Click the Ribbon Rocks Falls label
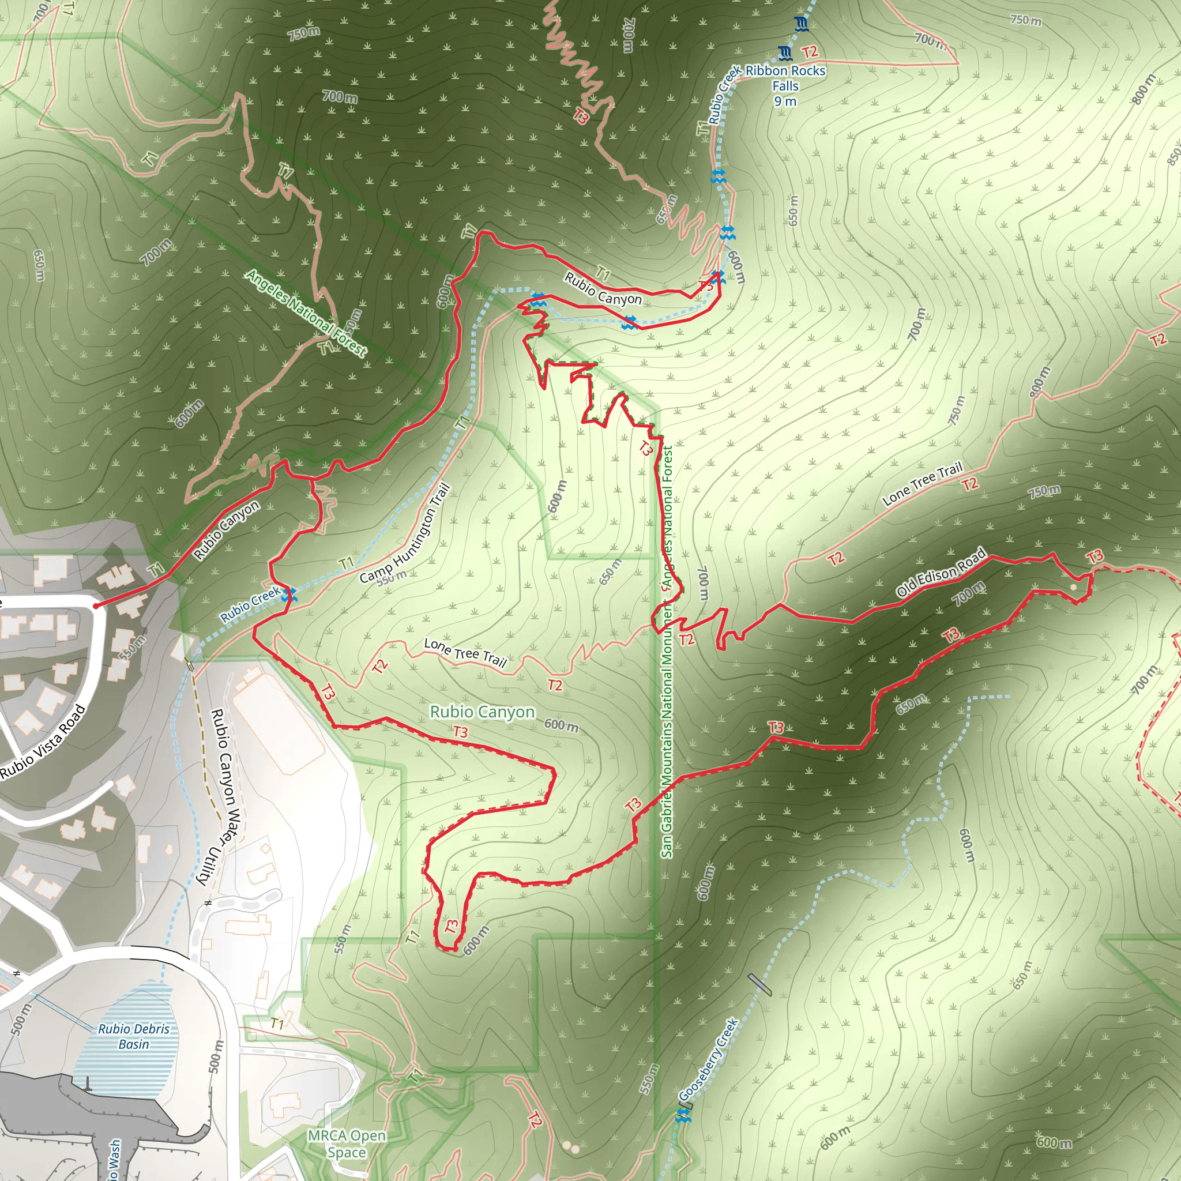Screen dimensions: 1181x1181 click(785, 78)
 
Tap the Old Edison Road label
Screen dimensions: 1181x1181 click(941, 572)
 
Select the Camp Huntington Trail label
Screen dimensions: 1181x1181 click(405, 533)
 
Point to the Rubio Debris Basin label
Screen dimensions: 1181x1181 click(134, 1036)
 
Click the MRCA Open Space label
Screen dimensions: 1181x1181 click(347, 1144)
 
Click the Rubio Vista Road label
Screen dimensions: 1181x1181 click(43, 742)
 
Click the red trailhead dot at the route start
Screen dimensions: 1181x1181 click(96, 606)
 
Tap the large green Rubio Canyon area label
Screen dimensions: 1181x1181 click(482, 712)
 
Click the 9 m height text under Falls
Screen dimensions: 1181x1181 click(785, 101)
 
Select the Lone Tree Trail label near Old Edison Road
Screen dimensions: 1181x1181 click(922, 483)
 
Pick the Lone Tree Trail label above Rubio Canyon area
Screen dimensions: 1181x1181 click(465, 652)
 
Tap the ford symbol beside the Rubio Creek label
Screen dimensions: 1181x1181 click(288, 593)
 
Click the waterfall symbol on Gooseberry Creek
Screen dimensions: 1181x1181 click(683, 1116)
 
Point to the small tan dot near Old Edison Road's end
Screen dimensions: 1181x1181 click(1073, 587)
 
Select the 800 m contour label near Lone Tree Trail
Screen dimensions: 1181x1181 click(1039, 380)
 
